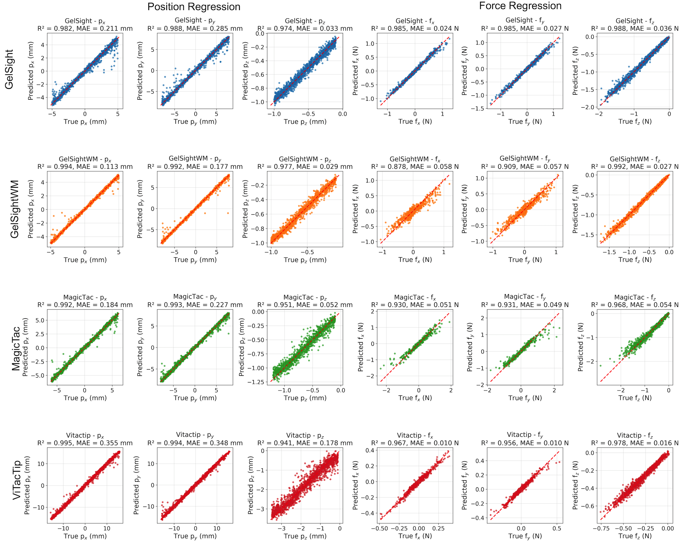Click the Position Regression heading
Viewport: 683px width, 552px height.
pos(194,7)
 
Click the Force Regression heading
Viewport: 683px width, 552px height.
pos(520,6)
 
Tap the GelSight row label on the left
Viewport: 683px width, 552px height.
pos(9,69)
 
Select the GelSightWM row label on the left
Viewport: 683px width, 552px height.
pos(14,209)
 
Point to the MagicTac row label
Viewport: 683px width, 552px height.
pos(16,347)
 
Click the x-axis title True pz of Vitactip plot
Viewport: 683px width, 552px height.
pos(305,536)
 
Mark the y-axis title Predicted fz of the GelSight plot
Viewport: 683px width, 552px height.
pos(575,71)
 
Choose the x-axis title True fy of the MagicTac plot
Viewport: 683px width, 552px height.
pos(525,398)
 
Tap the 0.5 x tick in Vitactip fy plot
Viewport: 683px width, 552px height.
pos(557,529)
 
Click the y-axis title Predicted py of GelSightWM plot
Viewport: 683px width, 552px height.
pos(140,209)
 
